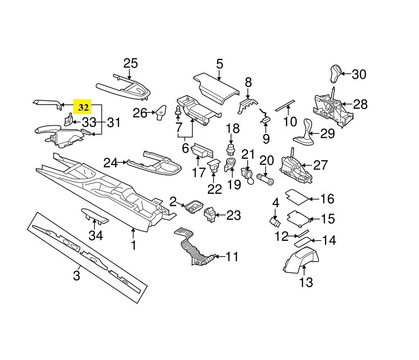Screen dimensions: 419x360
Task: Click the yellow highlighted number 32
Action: pos(83,107)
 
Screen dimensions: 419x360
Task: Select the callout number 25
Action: pos(131,63)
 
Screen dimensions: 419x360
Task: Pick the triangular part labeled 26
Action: pos(161,112)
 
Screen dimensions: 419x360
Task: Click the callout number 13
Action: pos(306,282)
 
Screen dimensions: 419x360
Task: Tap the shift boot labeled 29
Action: pos(304,133)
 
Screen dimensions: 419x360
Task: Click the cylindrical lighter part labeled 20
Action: pos(265,179)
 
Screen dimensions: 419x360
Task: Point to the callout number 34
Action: pos(96,235)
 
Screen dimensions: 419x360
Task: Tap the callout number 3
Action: pos(77,275)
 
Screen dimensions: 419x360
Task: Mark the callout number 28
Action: pos(360,104)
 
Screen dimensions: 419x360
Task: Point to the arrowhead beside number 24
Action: pos(125,162)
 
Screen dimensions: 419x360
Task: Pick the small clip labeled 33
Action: pos(69,119)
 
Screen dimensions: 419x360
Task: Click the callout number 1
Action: pos(133,245)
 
